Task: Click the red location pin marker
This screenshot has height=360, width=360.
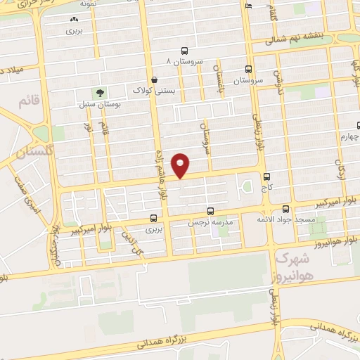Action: click(181, 165)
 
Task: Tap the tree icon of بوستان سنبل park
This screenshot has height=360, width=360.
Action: click(100, 92)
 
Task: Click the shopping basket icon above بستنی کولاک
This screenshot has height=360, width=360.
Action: click(154, 79)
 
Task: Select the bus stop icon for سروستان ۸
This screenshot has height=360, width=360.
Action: click(184, 51)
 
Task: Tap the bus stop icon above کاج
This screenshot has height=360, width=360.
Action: click(266, 177)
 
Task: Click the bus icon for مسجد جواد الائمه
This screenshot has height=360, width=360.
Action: click(285, 209)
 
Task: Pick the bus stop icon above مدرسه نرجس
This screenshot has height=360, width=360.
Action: click(210, 211)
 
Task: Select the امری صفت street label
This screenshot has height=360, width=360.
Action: click(28, 193)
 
